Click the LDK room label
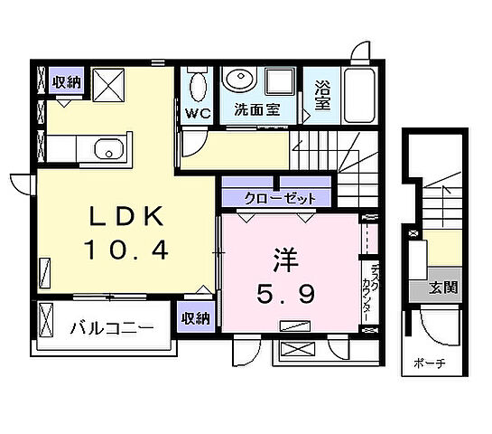(125, 217)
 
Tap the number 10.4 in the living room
(125, 250)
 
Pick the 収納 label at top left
(66, 82)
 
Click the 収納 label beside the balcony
(197, 317)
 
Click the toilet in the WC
(198, 87)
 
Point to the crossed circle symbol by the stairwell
(414, 234)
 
